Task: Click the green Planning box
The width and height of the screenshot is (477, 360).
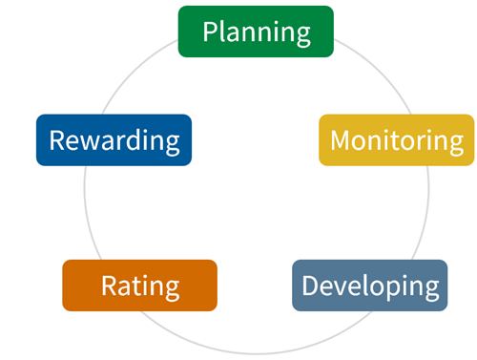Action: click(x=256, y=32)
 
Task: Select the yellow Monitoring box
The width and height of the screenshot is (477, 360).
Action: click(x=396, y=140)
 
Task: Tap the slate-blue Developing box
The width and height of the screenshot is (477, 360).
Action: click(x=369, y=286)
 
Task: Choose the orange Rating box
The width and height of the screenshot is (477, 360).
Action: click(x=139, y=286)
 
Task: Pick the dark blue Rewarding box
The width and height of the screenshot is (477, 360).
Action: click(x=114, y=140)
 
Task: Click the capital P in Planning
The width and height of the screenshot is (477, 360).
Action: click(x=211, y=32)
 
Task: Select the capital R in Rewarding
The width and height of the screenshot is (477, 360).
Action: click(x=57, y=140)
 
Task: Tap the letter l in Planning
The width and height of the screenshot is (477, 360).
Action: click(x=225, y=32)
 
